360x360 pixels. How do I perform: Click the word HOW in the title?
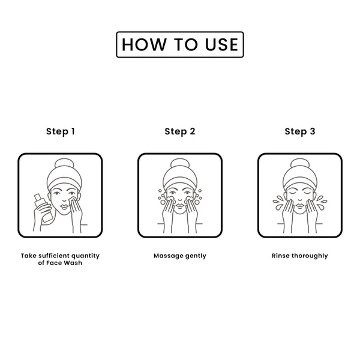(145, 44)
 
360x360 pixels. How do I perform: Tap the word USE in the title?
(221, 44)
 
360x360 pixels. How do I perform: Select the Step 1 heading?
(61, 131)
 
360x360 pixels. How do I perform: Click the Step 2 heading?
(180, 131)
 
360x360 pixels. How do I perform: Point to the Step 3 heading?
(300, 131)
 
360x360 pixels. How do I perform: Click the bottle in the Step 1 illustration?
(44, 208)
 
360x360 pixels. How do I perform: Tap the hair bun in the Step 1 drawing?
(65, 165)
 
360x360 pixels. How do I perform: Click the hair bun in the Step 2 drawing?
(180, 165)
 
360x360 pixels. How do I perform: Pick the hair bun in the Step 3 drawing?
(300, 165)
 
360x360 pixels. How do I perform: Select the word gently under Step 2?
(196, 256)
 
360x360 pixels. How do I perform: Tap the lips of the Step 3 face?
(299, 205)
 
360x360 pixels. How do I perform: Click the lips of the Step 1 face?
(65, 206)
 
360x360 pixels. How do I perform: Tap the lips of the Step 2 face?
(180, 205)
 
